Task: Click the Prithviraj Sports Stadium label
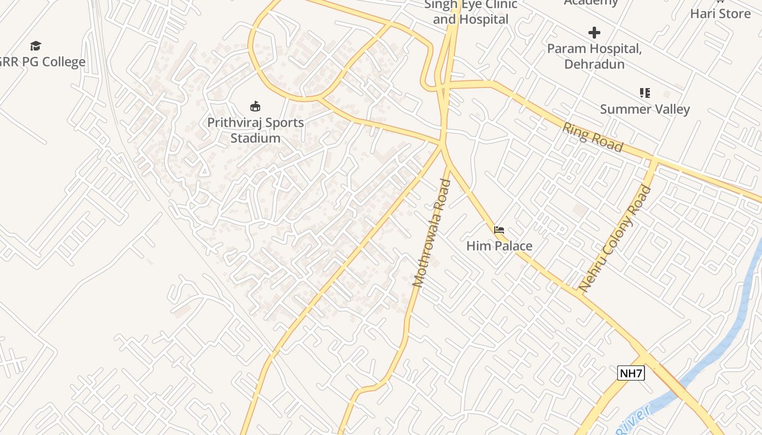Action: pyautogui.click(x=255, y=130)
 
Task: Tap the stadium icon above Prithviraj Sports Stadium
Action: pyautogui.click(x=255, y=105)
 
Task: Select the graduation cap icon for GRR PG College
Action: pyautogui.click(x=35, y=46)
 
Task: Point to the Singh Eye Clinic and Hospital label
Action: pyautogui.click(x=471, y=12)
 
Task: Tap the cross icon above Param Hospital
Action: pyautogui.click(x=594, y=33)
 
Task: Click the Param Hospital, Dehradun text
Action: pyautogui.click(x=594, y=56)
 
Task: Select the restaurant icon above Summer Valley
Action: pyautogui.click(x=645, y=93)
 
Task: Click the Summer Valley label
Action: pyautogui.click(x=645, y=109)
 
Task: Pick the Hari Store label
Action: pyautogui.click(x=720, y=14)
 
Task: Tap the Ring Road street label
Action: pyautogui.click(x=593, y=137)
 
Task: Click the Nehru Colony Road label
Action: pyautogui.click(x=615, y=238)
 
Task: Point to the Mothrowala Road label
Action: pyautogui.click(x=432, y=233)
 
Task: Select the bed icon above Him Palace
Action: pyautogui.click(x=499, y=230)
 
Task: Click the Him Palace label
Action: pyautogui.click(x=499, y=246)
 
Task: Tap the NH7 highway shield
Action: pyautogui.click(x=631, y=373)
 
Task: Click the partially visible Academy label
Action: pyautogui.click(x=591, y=3)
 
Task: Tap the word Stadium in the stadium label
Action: pyautogui.click(x=255, y=138)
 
